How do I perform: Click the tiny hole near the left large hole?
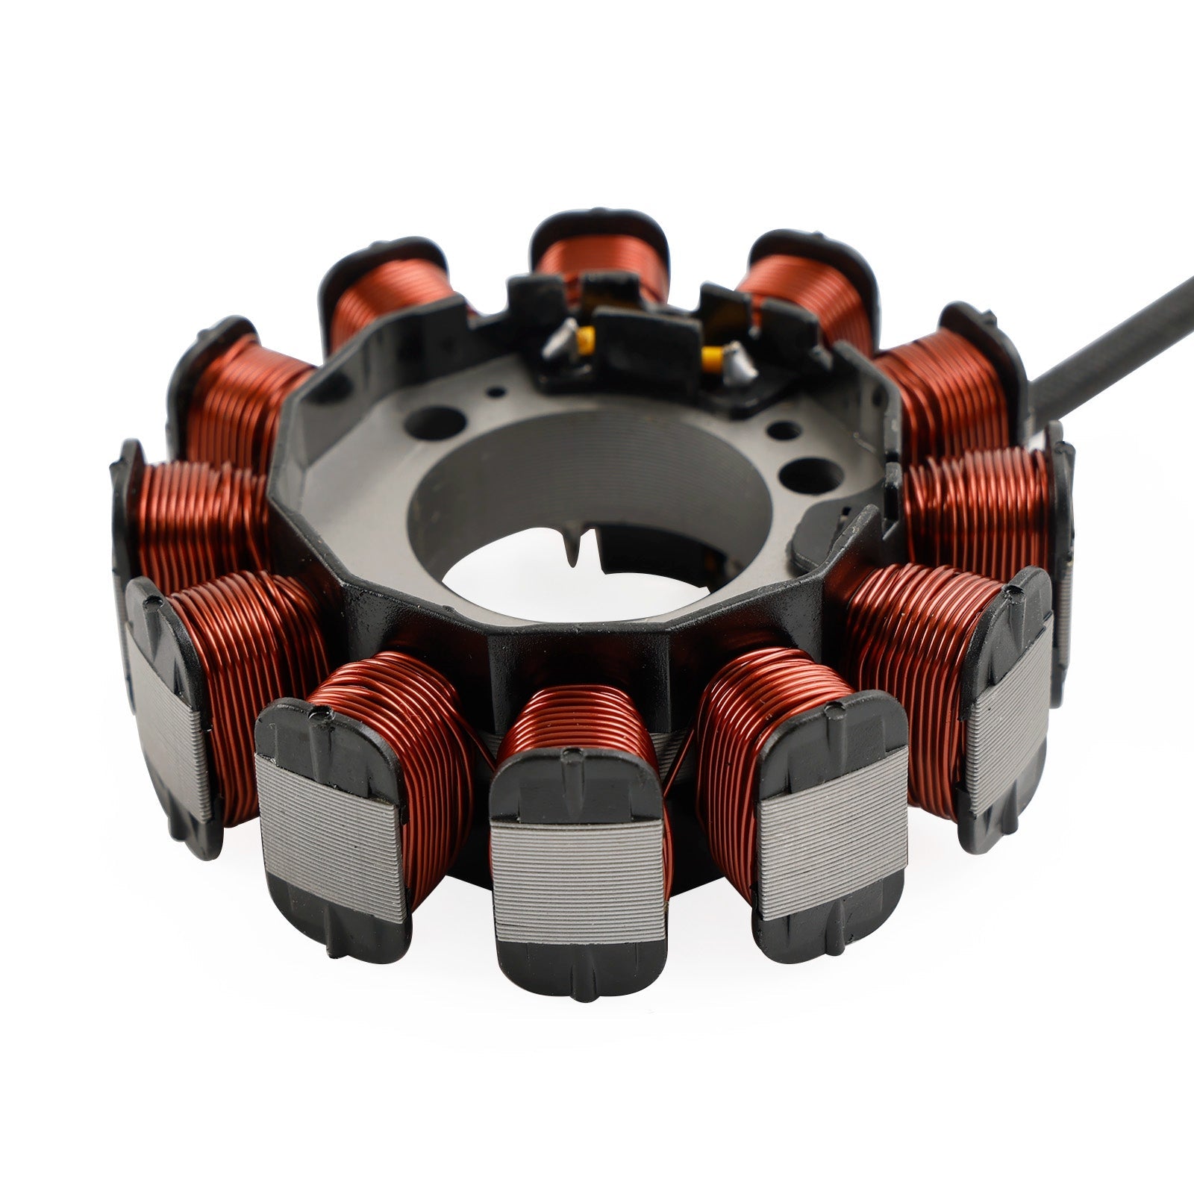pyautogui.click(x=492, y=389)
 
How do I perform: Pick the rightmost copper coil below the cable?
pyautogui.click(x=978, y=507)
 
